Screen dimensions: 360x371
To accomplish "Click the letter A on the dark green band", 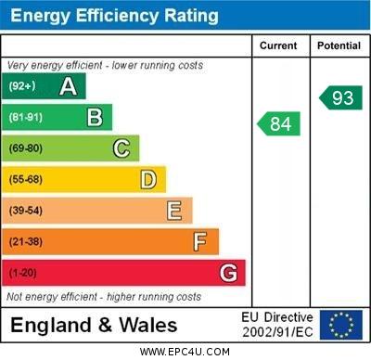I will [x=68, y=86].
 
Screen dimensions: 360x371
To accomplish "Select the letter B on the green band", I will [x=95, y=117].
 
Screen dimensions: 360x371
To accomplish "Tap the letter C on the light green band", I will [x=122, y=148].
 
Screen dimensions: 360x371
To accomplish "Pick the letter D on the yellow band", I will [x=148, y=179].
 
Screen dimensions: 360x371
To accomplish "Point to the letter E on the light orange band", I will [x=174, y=211].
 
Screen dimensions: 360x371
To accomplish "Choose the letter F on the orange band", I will [x=200, y=242].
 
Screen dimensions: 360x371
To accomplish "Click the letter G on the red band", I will [x=228, y=273].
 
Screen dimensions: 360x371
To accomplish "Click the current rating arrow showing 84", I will [x=279, y=123].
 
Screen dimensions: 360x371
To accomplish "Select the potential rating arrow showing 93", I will [x=341, y=97].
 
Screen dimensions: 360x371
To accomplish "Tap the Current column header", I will [x=278, y=45].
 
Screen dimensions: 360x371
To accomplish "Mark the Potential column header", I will [x=339, y=45].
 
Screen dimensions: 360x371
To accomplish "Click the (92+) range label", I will [x=21, y=86].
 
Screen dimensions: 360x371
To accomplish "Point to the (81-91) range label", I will [x=25, y=118].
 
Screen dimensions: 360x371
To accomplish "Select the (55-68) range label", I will [x=25, y=180].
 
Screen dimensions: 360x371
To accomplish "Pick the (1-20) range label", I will [x=22, y=274].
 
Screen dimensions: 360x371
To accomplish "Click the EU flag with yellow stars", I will [x=340, y=324].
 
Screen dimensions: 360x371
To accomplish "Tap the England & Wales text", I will [x=94, y=325].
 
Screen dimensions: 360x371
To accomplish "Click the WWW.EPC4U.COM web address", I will [x=185, y=352].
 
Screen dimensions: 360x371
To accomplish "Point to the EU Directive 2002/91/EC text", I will [x=277, y=324].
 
